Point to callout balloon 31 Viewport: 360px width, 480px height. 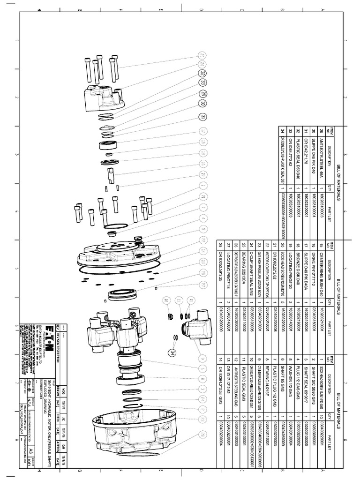click(x=202, y=117)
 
